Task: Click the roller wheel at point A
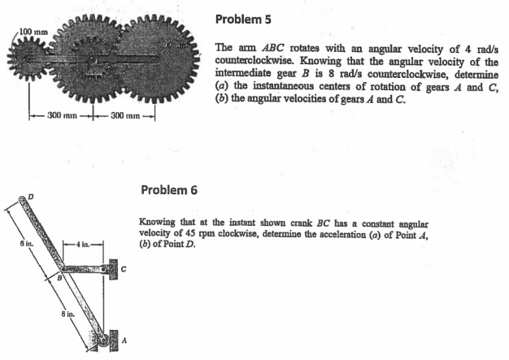click(x=103, y=341)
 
